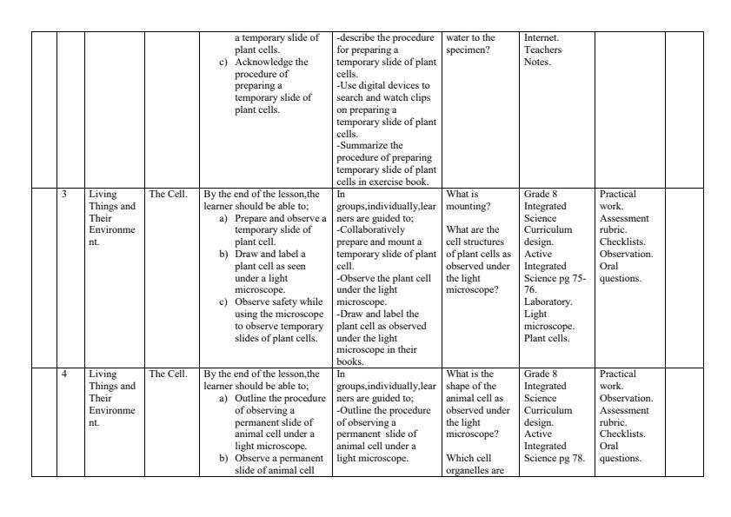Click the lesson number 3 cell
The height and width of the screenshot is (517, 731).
click(64, 193)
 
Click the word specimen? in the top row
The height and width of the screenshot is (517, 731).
click(465, 50)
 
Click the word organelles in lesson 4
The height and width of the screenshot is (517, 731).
click(469, 470)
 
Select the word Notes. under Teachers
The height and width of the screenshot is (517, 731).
click(537, 62)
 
